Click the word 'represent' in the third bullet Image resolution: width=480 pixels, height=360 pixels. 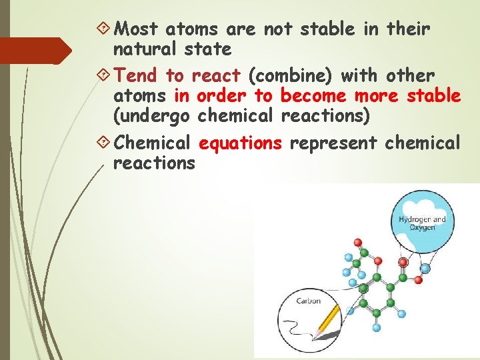point(334,142)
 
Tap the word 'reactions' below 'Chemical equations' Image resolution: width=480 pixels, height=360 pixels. point(155,163)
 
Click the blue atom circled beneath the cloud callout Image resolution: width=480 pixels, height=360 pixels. point(425,268)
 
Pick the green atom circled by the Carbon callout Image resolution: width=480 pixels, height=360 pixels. point(363,289)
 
